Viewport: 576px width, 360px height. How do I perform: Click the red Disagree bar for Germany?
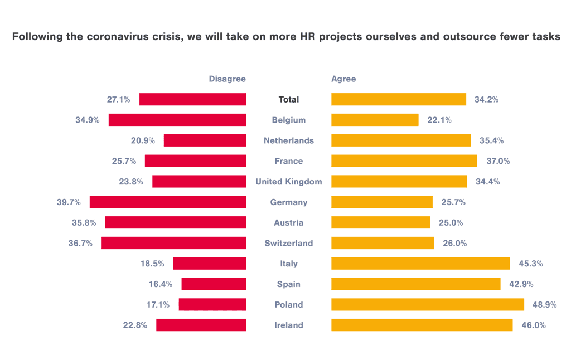[168, 202]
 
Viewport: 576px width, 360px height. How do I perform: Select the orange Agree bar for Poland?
[428, 304]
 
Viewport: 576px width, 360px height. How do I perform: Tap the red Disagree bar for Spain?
[214, 284]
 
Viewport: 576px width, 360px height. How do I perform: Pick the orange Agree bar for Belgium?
[375, 120]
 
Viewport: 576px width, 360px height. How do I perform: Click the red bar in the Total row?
[192, 99]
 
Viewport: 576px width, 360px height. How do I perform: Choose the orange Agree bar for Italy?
[420, 263]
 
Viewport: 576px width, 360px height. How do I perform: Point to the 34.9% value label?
[88, 120]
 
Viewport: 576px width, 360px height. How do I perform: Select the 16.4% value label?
[161, 284]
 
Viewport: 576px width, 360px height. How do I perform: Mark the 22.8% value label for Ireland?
[135, 325]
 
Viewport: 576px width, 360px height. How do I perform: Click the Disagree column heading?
[227, 79]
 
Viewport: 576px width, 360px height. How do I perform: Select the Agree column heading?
[343, 79]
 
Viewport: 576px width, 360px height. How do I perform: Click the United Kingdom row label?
[289, 181]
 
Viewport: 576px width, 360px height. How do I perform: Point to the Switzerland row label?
[289, 243]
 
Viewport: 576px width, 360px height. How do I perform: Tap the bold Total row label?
[289, 99]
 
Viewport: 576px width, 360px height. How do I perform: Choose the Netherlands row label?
[289, 140]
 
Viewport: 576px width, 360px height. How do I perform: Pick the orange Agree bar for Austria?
[381, 222]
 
